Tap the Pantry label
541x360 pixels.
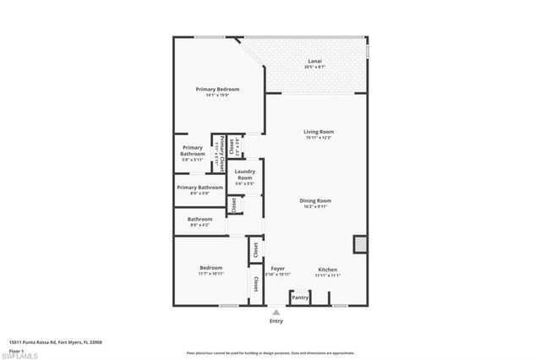click(300, 297)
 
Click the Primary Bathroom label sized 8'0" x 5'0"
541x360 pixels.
click(199, 189)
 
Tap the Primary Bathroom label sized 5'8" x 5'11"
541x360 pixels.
click(192, 150)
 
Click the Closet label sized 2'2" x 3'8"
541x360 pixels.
click(238, 147)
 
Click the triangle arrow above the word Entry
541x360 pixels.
click(276, 312)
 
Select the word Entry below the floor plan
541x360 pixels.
click(276, 321)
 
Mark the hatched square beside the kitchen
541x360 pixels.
click(360, 243)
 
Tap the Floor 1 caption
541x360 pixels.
click(18, 349)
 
